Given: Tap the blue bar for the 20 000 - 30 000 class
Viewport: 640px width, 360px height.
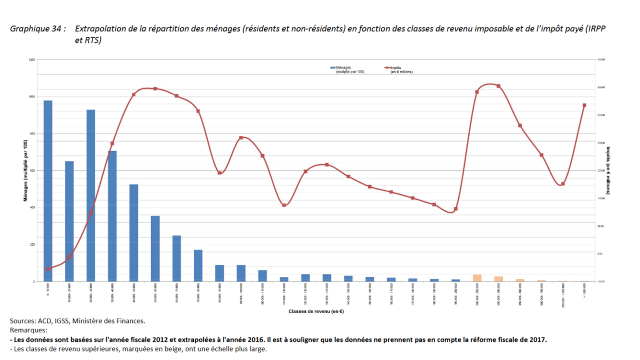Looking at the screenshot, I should [91, 195].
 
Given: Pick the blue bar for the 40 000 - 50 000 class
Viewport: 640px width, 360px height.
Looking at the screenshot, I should [134, 233].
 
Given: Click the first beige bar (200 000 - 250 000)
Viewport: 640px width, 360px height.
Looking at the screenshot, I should [477, 277].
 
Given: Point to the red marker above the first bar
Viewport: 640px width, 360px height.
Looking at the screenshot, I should [48, 269].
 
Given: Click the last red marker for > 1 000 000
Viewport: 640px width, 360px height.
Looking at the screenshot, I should [585, 105].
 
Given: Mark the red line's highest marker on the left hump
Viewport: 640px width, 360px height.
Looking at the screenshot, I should [155, 89].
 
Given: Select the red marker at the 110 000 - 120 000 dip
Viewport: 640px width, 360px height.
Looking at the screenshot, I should [284, 205].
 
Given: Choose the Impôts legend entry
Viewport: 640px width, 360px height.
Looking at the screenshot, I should [400, 68].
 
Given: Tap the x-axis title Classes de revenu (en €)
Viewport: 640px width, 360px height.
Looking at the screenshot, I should [315, 311].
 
